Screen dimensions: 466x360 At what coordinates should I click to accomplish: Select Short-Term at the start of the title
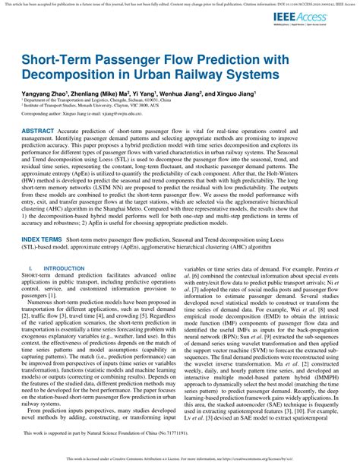coord(58,59)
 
